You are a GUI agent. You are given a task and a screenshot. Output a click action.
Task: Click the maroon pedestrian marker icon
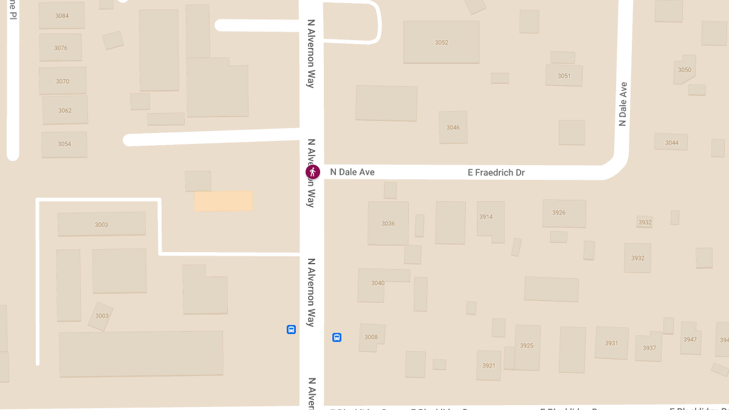pyautogui.click(x=312, y=172)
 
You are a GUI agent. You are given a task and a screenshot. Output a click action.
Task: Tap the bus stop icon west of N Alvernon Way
pyautogui.click(x=291, y=330)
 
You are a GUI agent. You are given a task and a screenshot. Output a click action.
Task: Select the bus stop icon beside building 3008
pyautogui.click(x=337, y=337)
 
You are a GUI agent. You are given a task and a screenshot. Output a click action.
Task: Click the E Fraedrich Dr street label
pyautogui.click(x=496, y=173)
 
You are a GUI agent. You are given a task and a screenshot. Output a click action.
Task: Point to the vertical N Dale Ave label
pyautogui.click(x=622, y=104)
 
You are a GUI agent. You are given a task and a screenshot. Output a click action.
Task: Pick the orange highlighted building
pyautogui.click(x=223, y=200)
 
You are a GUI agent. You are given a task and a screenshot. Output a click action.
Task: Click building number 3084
pyautogui.click(x=62, y=15)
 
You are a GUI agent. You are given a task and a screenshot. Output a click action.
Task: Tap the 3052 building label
pyautogui.click(x=442, y=43)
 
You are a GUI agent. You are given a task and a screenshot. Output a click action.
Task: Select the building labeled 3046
pyautogui.click(x=453, y=128)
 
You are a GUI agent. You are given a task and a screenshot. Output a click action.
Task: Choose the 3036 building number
pyautogui.click(x=388, y=224)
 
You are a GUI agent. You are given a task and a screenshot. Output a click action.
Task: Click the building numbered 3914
pyautogui.click(x=486, y=217)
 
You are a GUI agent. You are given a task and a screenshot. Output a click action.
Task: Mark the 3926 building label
pyautogui.click(x=559, y=213)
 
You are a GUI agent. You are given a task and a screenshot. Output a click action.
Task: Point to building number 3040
pyautogui.click(x=378, y=283)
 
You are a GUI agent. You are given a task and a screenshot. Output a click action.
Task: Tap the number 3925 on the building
pyautogui.click(x=527, y=346)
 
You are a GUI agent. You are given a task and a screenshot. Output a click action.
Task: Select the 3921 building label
pyautogui.click(x=489, y=366)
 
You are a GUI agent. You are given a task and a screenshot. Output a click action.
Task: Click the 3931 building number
pyautogui.click(x=611, y=343)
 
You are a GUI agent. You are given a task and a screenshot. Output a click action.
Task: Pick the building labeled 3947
pyautogui.click(x=690, y=340)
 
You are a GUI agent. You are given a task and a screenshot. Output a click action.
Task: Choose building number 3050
pyautogui.click(x=685, y=70)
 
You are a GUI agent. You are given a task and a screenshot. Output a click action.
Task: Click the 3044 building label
pyautogui.click(x=671, y=143)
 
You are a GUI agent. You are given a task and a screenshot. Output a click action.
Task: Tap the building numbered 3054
pyautogui.click(x=64, y=144)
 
